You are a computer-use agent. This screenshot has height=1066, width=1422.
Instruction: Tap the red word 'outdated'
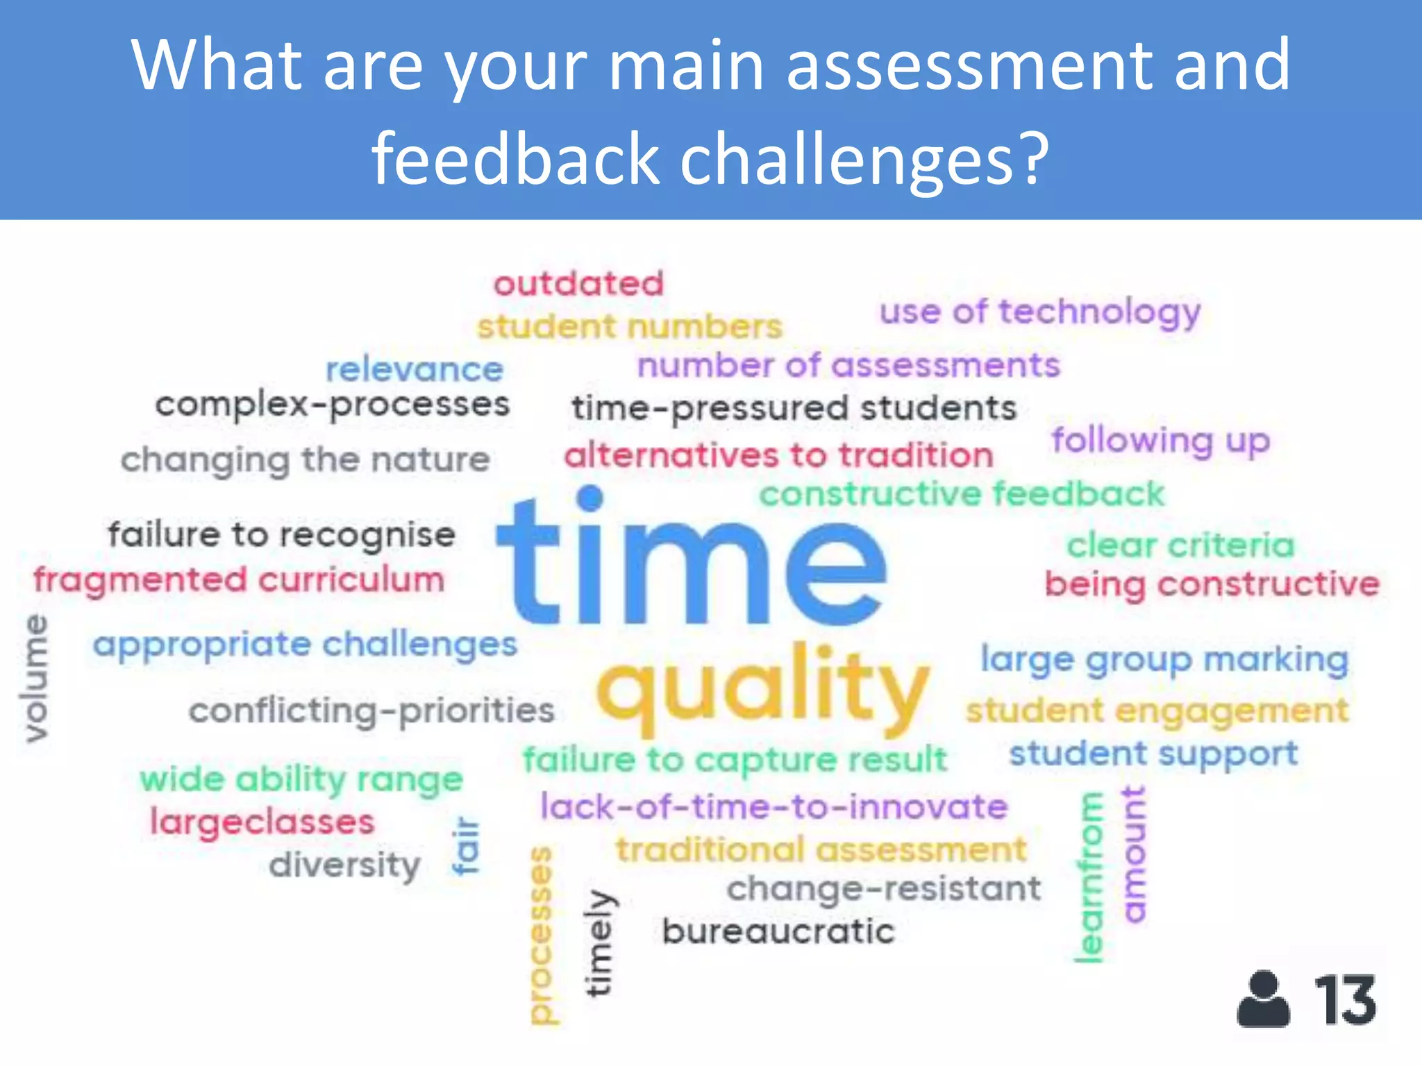(578, 284)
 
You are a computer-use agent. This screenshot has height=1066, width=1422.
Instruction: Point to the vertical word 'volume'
(35, 678)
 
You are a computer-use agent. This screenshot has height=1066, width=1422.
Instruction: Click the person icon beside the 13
(1263, 999)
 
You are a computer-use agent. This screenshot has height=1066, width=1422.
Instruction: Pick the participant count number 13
(1345, 1000)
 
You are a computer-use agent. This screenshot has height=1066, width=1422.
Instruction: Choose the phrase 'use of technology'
(1039, 312)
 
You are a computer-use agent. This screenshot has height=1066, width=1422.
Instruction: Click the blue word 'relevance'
(415, 369)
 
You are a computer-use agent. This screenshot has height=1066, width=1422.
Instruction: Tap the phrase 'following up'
(1160, 441)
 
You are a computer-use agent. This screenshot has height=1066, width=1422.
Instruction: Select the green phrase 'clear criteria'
(1180, 545)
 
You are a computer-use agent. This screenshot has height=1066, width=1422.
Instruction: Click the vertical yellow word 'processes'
(542, 934)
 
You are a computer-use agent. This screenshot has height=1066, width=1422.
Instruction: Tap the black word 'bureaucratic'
(778, 931)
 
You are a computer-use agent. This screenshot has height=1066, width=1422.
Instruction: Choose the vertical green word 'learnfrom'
(1089, 878)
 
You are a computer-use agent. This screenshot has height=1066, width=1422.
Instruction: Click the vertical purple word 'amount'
(1133, 854)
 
